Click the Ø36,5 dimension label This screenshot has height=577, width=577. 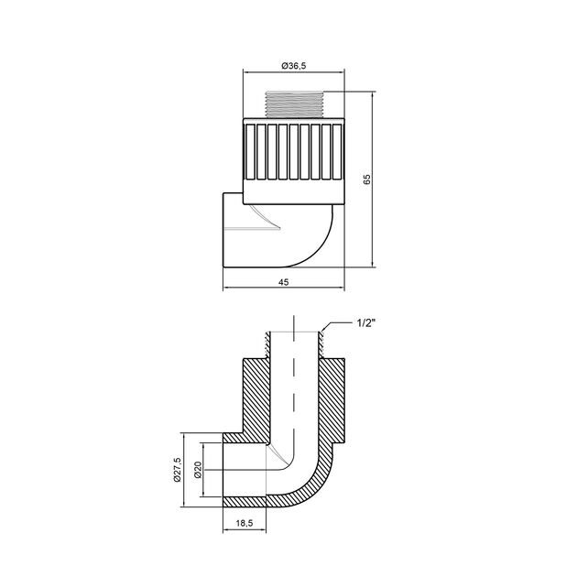tap(294, 66)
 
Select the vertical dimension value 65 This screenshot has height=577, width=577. tap(367, 179)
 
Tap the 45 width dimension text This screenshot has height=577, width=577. tap(283, 282)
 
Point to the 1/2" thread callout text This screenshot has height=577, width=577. tap(366, 323)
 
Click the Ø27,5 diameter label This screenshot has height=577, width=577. tap(178, 470)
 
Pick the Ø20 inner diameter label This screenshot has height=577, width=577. tap(198, 470)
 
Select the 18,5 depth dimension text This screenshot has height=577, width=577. tap(245, 523)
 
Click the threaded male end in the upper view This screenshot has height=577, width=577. tap(294, 104)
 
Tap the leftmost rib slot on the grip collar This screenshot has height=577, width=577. tap(250, 152)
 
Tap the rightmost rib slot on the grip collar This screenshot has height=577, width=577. tap(337, 152)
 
